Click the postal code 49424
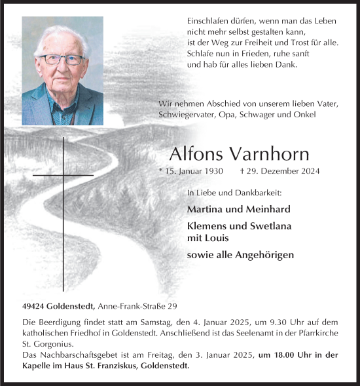click(x=32, y=306)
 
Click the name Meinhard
click(x=268, y=209)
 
